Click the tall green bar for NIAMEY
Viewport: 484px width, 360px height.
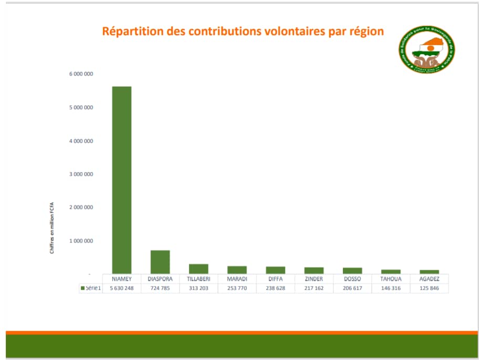(121, 179)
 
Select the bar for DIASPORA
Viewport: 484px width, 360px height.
(160, 261)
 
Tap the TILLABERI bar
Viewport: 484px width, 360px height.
(198, 268)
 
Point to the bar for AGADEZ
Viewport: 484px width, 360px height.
(429, 271)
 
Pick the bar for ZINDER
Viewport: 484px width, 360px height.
(314, 270)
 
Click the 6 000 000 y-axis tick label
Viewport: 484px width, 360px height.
(81, 74)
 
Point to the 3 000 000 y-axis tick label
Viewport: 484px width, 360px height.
(81, 174)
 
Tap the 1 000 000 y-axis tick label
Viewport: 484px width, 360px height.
(81, 241)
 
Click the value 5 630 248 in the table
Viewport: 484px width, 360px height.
(122, 289)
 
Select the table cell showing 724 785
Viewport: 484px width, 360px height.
(160, 289)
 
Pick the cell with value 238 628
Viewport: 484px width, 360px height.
(275, 289)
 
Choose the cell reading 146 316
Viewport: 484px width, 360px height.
(391, 289)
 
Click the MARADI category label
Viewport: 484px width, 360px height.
(237, 279)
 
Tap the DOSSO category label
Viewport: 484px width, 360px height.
(352, 279)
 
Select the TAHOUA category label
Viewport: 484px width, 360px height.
(391, 279)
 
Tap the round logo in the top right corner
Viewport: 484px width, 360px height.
(427, 49)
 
